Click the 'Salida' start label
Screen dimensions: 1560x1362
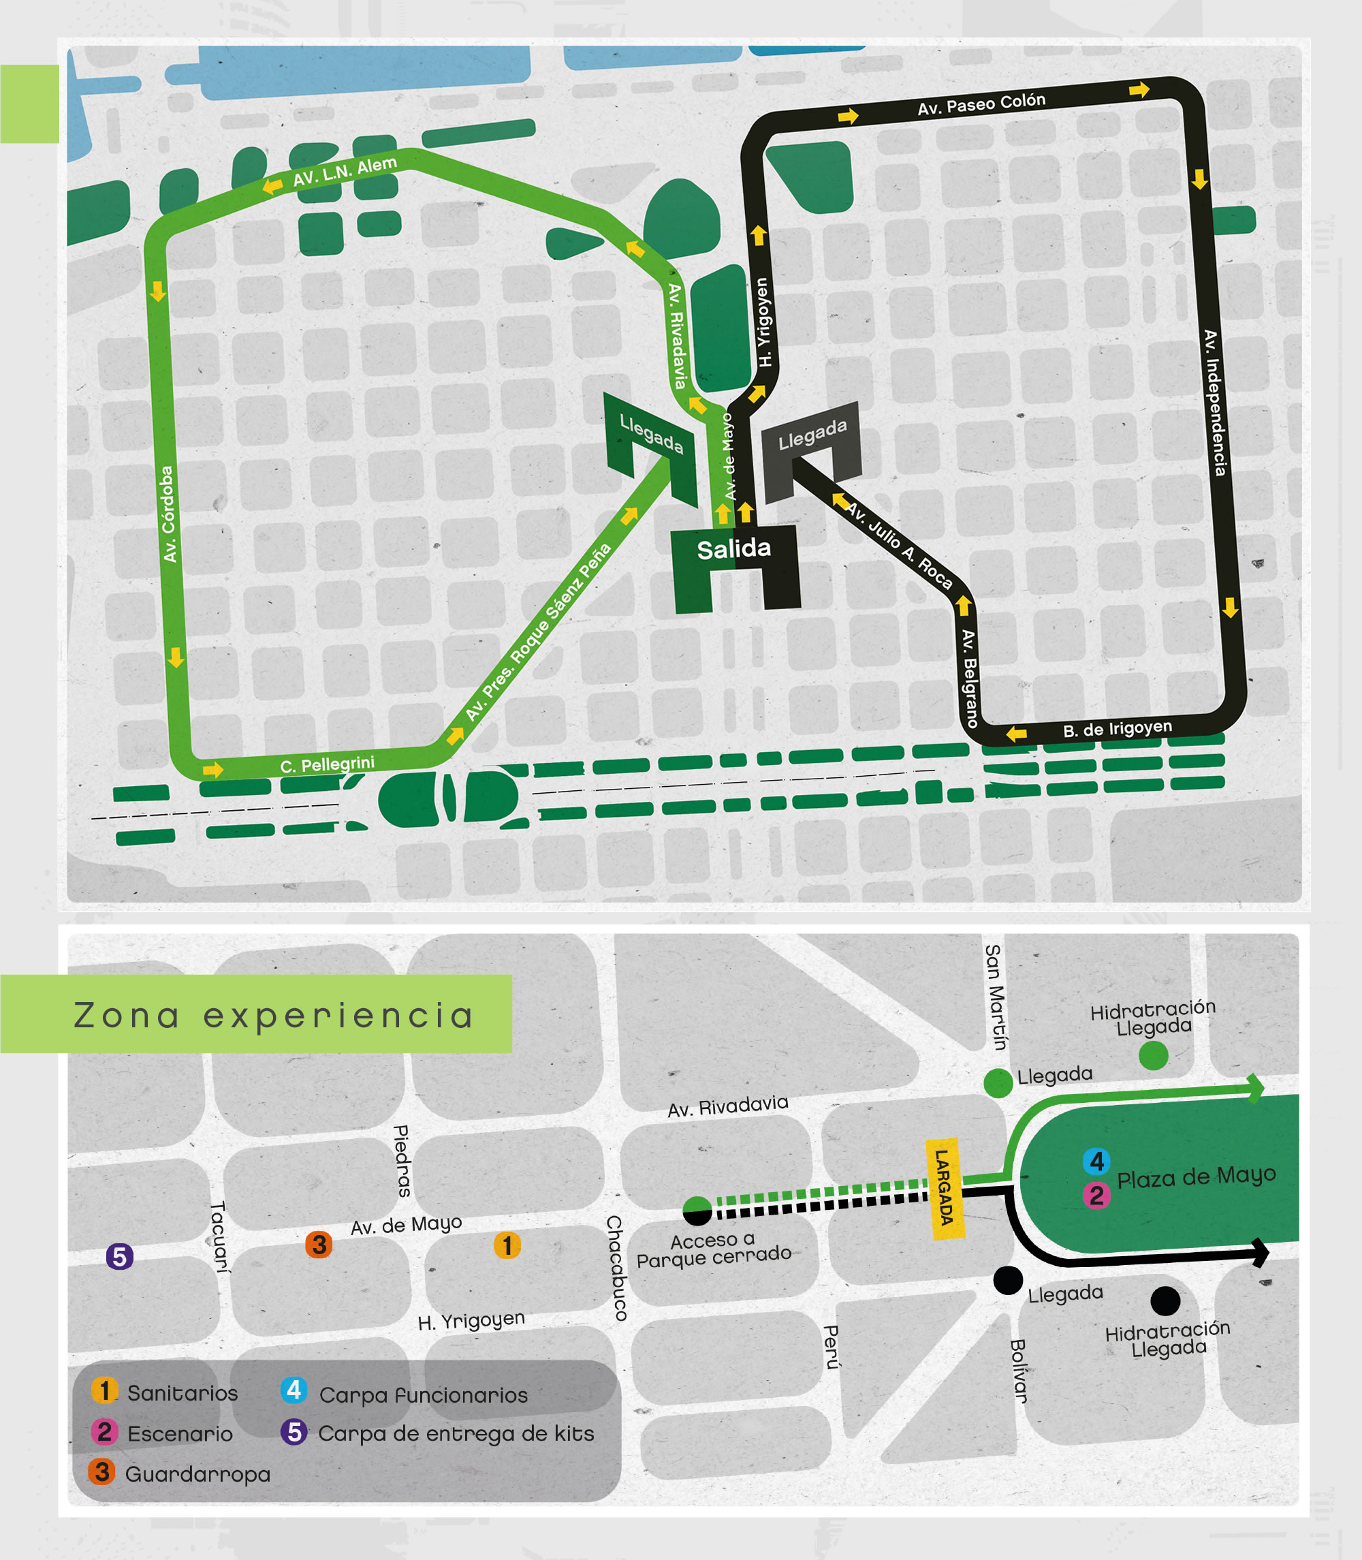(733, 549)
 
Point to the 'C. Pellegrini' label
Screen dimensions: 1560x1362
(327, 764)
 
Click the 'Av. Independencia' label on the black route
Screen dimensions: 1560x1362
(1214, 403)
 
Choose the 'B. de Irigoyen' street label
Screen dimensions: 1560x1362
(1117, 728)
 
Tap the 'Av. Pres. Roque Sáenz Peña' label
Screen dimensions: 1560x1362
(537, 631)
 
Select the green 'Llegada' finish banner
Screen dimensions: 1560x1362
(650, 433)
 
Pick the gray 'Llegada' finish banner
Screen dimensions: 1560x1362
(812, 435)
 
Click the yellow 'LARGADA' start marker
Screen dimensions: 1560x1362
(944, 1188)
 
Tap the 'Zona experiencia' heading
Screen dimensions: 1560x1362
(274, 1016)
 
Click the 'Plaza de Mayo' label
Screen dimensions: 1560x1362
(1196, 1178)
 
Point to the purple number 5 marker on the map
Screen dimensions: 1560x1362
(119, 1257)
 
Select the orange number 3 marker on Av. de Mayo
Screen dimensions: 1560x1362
(319, 1245)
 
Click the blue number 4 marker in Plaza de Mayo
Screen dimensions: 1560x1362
(1096, 1161)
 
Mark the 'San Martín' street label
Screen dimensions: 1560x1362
(995, 997)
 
